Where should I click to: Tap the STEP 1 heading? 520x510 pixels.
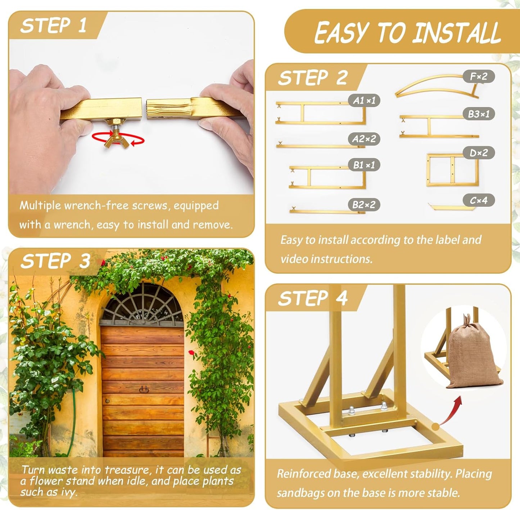[53, 26]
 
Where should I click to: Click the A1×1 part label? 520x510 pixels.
[364, 100]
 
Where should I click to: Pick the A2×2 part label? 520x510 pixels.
[364, 139]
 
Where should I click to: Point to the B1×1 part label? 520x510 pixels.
[364, 165]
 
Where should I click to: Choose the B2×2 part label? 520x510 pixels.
[364, 205]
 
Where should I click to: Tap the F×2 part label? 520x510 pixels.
[478, 76]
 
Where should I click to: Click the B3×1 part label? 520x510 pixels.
[478, 114]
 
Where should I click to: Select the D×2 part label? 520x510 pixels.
[478, 153]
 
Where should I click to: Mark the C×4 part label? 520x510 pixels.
[478, 200]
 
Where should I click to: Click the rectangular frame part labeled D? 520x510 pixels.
[452, 170]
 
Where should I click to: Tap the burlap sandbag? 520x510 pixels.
[471, 356]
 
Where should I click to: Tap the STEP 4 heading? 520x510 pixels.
[312, 299]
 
